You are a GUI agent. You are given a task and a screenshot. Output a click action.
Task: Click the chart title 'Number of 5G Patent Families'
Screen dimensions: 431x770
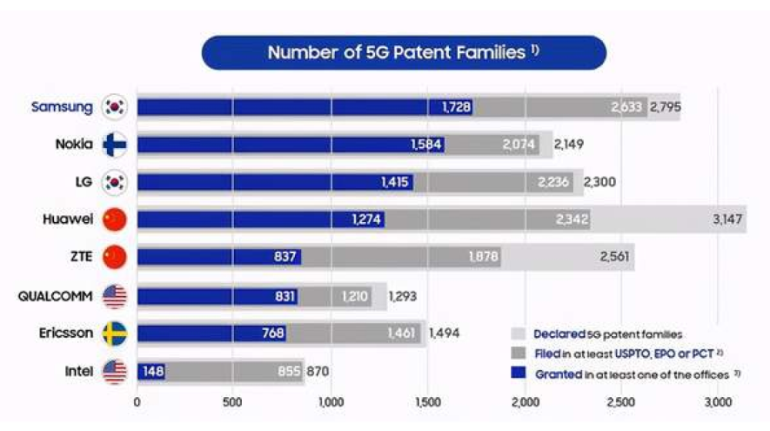pos(403,52)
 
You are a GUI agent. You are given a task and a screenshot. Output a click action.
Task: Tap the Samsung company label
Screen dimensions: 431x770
pos(62,106)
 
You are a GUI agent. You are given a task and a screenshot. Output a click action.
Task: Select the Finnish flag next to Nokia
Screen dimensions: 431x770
pos(115,144)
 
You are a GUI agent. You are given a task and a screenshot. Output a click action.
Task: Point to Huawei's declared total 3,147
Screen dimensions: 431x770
pos(728,220)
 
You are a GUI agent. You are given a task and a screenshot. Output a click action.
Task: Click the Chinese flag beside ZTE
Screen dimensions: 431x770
pos(115,257)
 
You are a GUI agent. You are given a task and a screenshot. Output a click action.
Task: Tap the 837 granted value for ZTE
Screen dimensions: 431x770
pos(284,257)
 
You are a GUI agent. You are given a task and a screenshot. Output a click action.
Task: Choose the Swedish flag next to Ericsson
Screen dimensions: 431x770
pos(115,332)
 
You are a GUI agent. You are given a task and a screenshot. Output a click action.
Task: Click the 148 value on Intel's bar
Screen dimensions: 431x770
pos(152,371)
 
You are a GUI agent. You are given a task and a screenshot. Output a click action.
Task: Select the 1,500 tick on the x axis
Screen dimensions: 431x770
pos(427,402)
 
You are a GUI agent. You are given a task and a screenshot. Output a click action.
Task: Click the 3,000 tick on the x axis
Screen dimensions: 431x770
pos(718,402)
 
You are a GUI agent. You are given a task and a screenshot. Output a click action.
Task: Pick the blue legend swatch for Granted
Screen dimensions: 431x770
pos(519,373)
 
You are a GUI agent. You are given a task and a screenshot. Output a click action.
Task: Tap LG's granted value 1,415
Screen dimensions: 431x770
pos(397,182)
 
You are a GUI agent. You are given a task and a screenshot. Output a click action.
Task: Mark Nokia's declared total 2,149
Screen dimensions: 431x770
pos(571,144)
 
